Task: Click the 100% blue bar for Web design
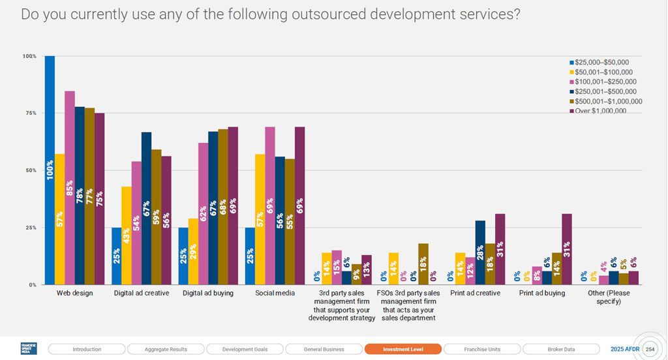[50, 170]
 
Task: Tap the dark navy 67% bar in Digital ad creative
[146, 208]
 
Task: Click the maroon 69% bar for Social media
[299, 205]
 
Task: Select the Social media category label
[275, 293]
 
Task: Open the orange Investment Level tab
[403, 349]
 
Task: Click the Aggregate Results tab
[166, 349]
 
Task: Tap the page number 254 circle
[649, 349]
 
